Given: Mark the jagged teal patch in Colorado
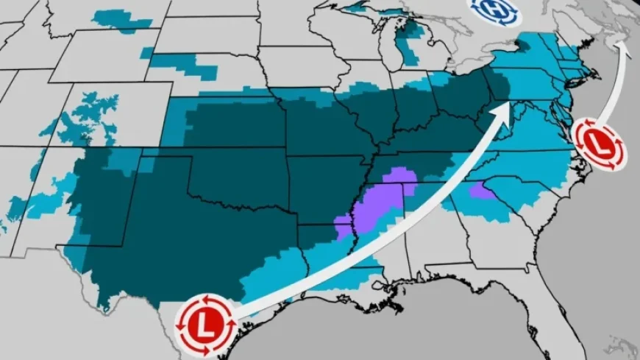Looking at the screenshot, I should pos(88,118).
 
